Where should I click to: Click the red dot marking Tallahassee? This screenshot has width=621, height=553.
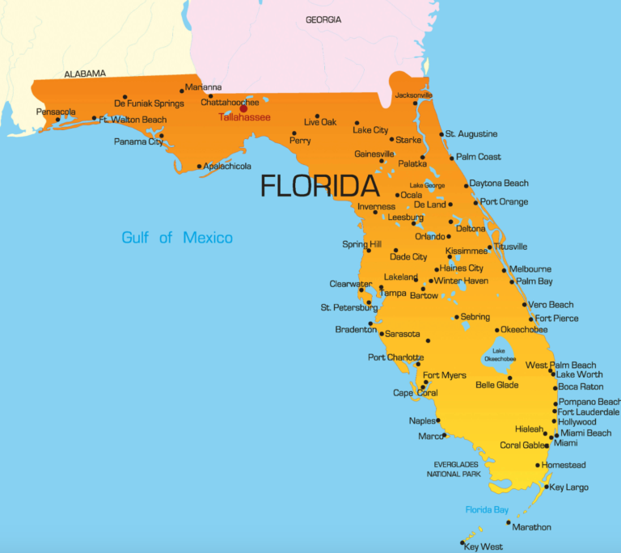click(243, 108)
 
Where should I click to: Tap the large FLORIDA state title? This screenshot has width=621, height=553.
click(319, 186)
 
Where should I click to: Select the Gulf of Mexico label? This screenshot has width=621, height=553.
click(177, 238)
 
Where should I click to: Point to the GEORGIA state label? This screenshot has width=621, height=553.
click(323, 19)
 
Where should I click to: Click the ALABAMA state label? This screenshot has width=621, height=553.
click(85, 74)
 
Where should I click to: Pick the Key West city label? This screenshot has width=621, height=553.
click(484, 547)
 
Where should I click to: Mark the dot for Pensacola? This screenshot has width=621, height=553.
click(57, 120)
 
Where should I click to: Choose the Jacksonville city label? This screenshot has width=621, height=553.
click(413, 95)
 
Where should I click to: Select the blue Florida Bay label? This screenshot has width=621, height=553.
click(487, 509)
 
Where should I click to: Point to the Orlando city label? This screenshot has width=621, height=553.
click(430, 237)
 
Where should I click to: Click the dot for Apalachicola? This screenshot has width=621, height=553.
click(199, 167)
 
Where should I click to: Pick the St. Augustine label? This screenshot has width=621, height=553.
click(471, 133)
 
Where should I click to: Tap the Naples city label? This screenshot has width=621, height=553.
click(422, 420)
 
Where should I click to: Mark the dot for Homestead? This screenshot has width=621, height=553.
click(538, 465)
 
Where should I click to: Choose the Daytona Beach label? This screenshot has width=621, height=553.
click(499, 184)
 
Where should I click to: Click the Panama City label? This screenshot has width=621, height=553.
click(138, 141)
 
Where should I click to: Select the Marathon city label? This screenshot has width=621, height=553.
click(531, 527)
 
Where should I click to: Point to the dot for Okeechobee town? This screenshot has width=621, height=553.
click(497, 330)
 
